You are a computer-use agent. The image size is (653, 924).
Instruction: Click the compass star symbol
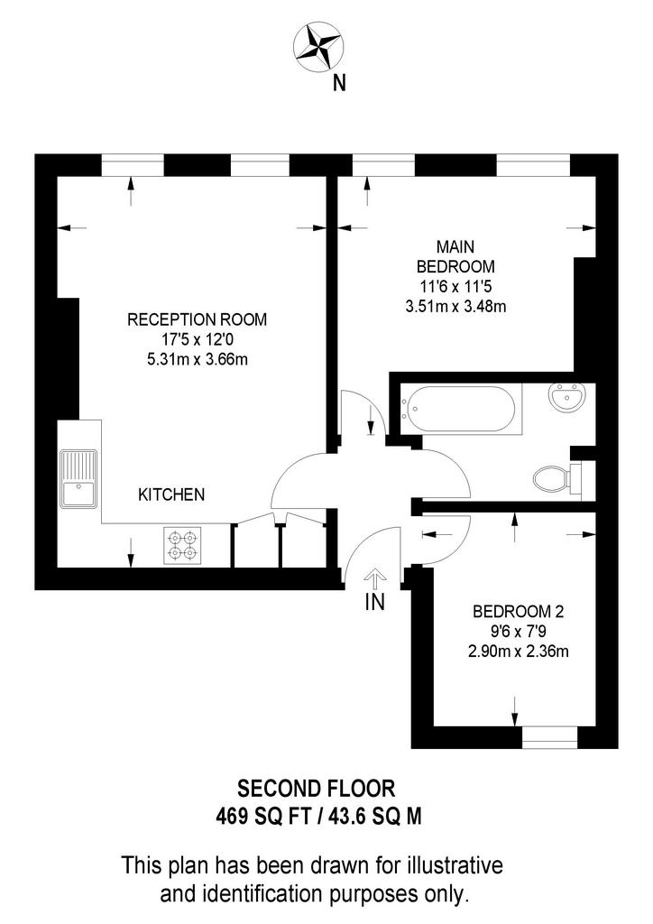coord(318,47)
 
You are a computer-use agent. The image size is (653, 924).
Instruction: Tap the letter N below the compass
coord(339,84)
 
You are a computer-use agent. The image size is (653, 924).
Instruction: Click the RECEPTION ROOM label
coord(198,319)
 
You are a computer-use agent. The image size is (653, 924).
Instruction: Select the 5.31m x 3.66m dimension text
coord(198,359)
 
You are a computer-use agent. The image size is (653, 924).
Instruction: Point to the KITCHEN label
coord(171,494)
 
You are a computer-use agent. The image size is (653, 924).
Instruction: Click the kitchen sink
coord(78,478)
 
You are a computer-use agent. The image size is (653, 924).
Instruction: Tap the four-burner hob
coord(182,544)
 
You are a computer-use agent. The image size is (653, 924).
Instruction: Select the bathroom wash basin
coord(567,396)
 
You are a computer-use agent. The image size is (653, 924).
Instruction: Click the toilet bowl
coord(551,478)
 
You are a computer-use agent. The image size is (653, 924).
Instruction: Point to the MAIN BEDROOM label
coord(455,256)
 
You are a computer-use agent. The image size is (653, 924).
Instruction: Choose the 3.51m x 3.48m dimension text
coord(455,307)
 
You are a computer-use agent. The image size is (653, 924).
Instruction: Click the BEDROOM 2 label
coord(518,611)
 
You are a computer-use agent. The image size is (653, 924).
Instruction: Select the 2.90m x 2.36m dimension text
coord(518,651)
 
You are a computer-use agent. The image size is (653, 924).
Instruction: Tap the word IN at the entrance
coord(375,602)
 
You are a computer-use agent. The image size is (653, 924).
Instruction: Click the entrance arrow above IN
coord(375,578)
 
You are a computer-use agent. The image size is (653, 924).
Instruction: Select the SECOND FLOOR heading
coord(317,788)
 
